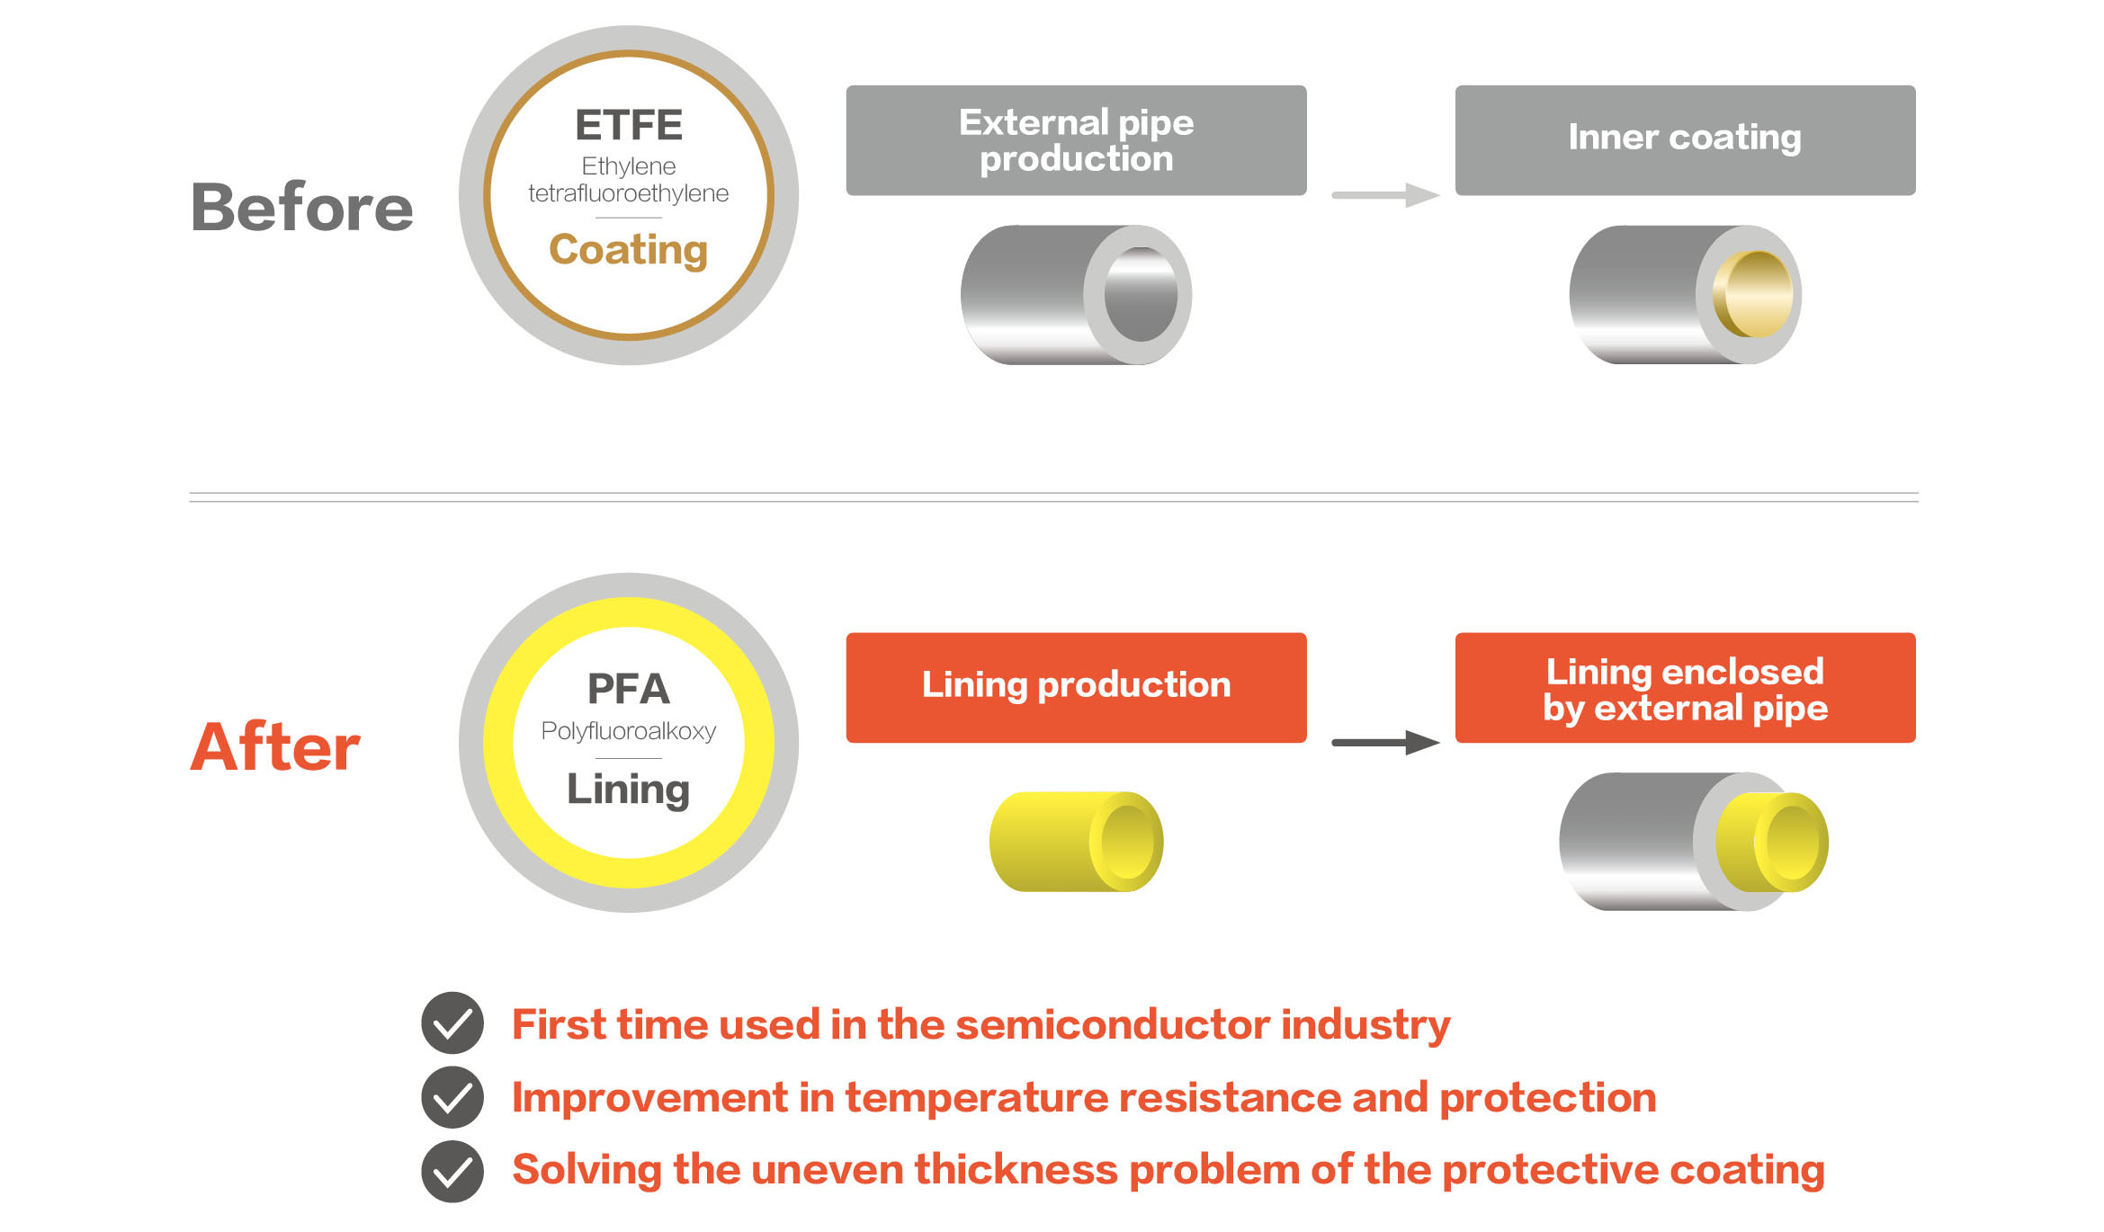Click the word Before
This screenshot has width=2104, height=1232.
point(302,208)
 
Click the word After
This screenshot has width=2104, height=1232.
point(275,747)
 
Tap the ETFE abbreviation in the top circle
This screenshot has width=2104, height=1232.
point(629,125)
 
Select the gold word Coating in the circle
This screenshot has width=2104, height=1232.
point(629,250)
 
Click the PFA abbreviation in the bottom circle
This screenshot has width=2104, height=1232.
point(629,690)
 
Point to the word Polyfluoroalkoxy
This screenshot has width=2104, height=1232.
point(629,731)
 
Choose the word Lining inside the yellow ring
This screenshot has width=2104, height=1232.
point(629,790)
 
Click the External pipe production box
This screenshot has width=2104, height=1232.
point(1076,140)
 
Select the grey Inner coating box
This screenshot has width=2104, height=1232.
point(1685,140)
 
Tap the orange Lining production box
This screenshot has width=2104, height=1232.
point(1076,688)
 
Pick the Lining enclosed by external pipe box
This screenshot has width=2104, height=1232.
point(1685,688)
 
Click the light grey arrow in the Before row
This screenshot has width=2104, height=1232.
point(1385,195)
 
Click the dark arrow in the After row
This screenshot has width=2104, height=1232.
point(1385,743)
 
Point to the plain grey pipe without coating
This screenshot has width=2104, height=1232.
point(1076,295)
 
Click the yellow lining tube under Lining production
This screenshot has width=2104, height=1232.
point(1076,842)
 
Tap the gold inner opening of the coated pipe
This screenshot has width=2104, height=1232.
point(1754,294)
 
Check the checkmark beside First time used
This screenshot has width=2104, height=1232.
point(452,1023)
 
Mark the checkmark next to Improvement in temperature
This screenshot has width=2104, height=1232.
point(452,1097)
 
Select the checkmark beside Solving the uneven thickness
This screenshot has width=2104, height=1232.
point(452,1171)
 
